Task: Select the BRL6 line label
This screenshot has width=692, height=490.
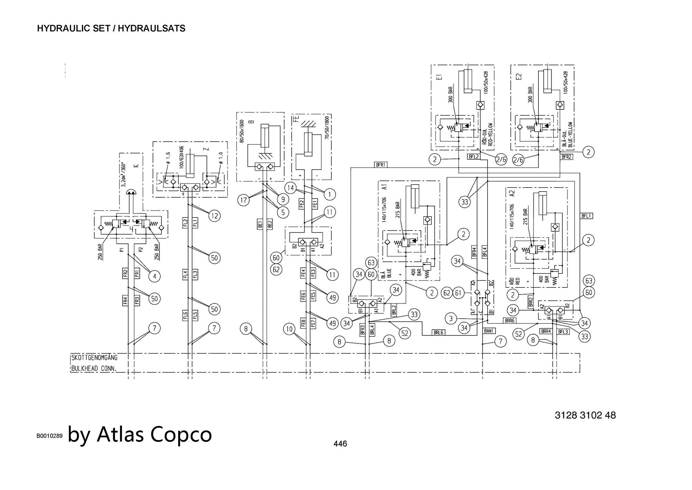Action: click(x=438, y=332)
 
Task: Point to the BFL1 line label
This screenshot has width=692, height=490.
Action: click(x=586, y=216)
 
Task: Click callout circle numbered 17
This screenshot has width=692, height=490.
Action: click(x=244, y=200)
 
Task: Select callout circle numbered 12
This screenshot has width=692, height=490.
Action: click(x=214, y=216)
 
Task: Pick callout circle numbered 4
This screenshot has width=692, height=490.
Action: click(x=155, y=276)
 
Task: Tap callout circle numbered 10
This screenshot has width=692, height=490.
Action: click(x=289, y=329)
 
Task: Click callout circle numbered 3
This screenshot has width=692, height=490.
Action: click(x=450, y=318)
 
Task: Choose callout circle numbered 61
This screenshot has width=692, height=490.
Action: click(x=458, y=293)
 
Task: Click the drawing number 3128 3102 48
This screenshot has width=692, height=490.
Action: click(x=585, y=415)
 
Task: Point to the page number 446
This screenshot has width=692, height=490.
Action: click(x=340, y=444)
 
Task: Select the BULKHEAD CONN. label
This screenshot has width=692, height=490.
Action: click(x=94, y=368)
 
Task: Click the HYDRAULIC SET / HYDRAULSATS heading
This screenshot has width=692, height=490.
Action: click(x=111, y=28)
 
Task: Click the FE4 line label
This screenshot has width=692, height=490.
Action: click(x=303, y=273)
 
